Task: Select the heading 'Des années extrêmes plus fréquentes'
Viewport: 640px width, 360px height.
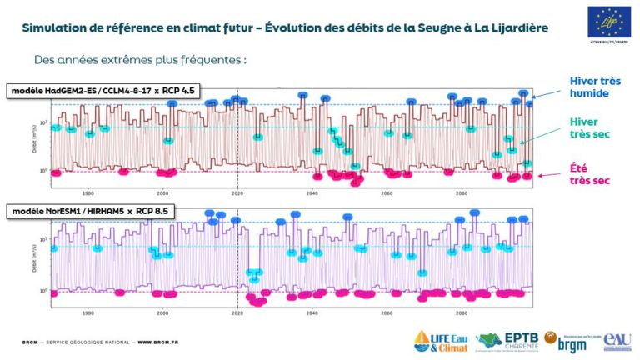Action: tap(141, 61)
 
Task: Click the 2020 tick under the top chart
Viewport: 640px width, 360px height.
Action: tap(237, 193)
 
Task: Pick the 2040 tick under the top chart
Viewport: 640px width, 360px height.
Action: tap(312, 193)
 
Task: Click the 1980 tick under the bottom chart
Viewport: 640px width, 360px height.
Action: tap(88, 313)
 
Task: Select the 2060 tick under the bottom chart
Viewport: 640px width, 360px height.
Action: tap(387, 313)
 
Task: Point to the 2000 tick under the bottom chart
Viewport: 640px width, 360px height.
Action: tap(163, 313)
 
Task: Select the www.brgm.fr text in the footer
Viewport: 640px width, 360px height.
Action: tap(155, 342)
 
